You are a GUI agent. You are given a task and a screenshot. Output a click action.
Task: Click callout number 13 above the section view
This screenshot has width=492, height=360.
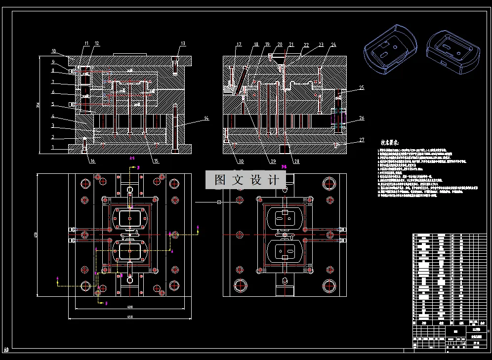tap(183, 43)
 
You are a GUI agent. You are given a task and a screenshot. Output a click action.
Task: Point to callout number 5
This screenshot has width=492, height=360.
tap(53, 104)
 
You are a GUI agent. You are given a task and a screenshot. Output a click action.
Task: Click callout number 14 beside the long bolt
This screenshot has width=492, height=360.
tap(206, 119)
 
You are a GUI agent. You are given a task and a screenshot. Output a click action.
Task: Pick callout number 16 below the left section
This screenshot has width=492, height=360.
tap(92, 160)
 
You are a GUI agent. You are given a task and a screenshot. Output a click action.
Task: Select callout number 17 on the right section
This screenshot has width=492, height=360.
tap(239, 45)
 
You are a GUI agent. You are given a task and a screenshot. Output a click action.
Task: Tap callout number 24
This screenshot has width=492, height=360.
tap(333, 45)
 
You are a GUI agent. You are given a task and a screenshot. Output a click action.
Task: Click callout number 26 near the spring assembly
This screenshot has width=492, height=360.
tap(362, 118)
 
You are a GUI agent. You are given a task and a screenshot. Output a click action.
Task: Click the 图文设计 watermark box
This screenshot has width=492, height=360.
tap(246, 180)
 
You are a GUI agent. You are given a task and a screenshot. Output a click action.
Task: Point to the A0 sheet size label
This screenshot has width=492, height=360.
tap(6, 350)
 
